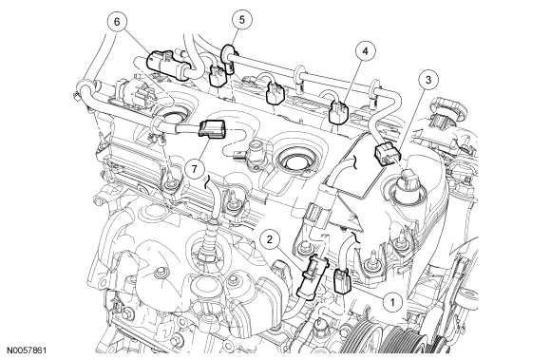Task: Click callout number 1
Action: point(392,302)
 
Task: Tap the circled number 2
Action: point(270,239)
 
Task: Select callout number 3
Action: point(428,80)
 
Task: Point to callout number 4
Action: point(365,51)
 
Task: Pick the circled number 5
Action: point(241,20)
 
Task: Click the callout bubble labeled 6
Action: point(117,22)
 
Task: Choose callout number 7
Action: point(195,168)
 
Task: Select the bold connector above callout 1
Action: point(342,280)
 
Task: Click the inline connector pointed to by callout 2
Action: point(311,276)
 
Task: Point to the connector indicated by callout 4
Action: point(337,112)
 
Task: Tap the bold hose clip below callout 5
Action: point(227,56)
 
